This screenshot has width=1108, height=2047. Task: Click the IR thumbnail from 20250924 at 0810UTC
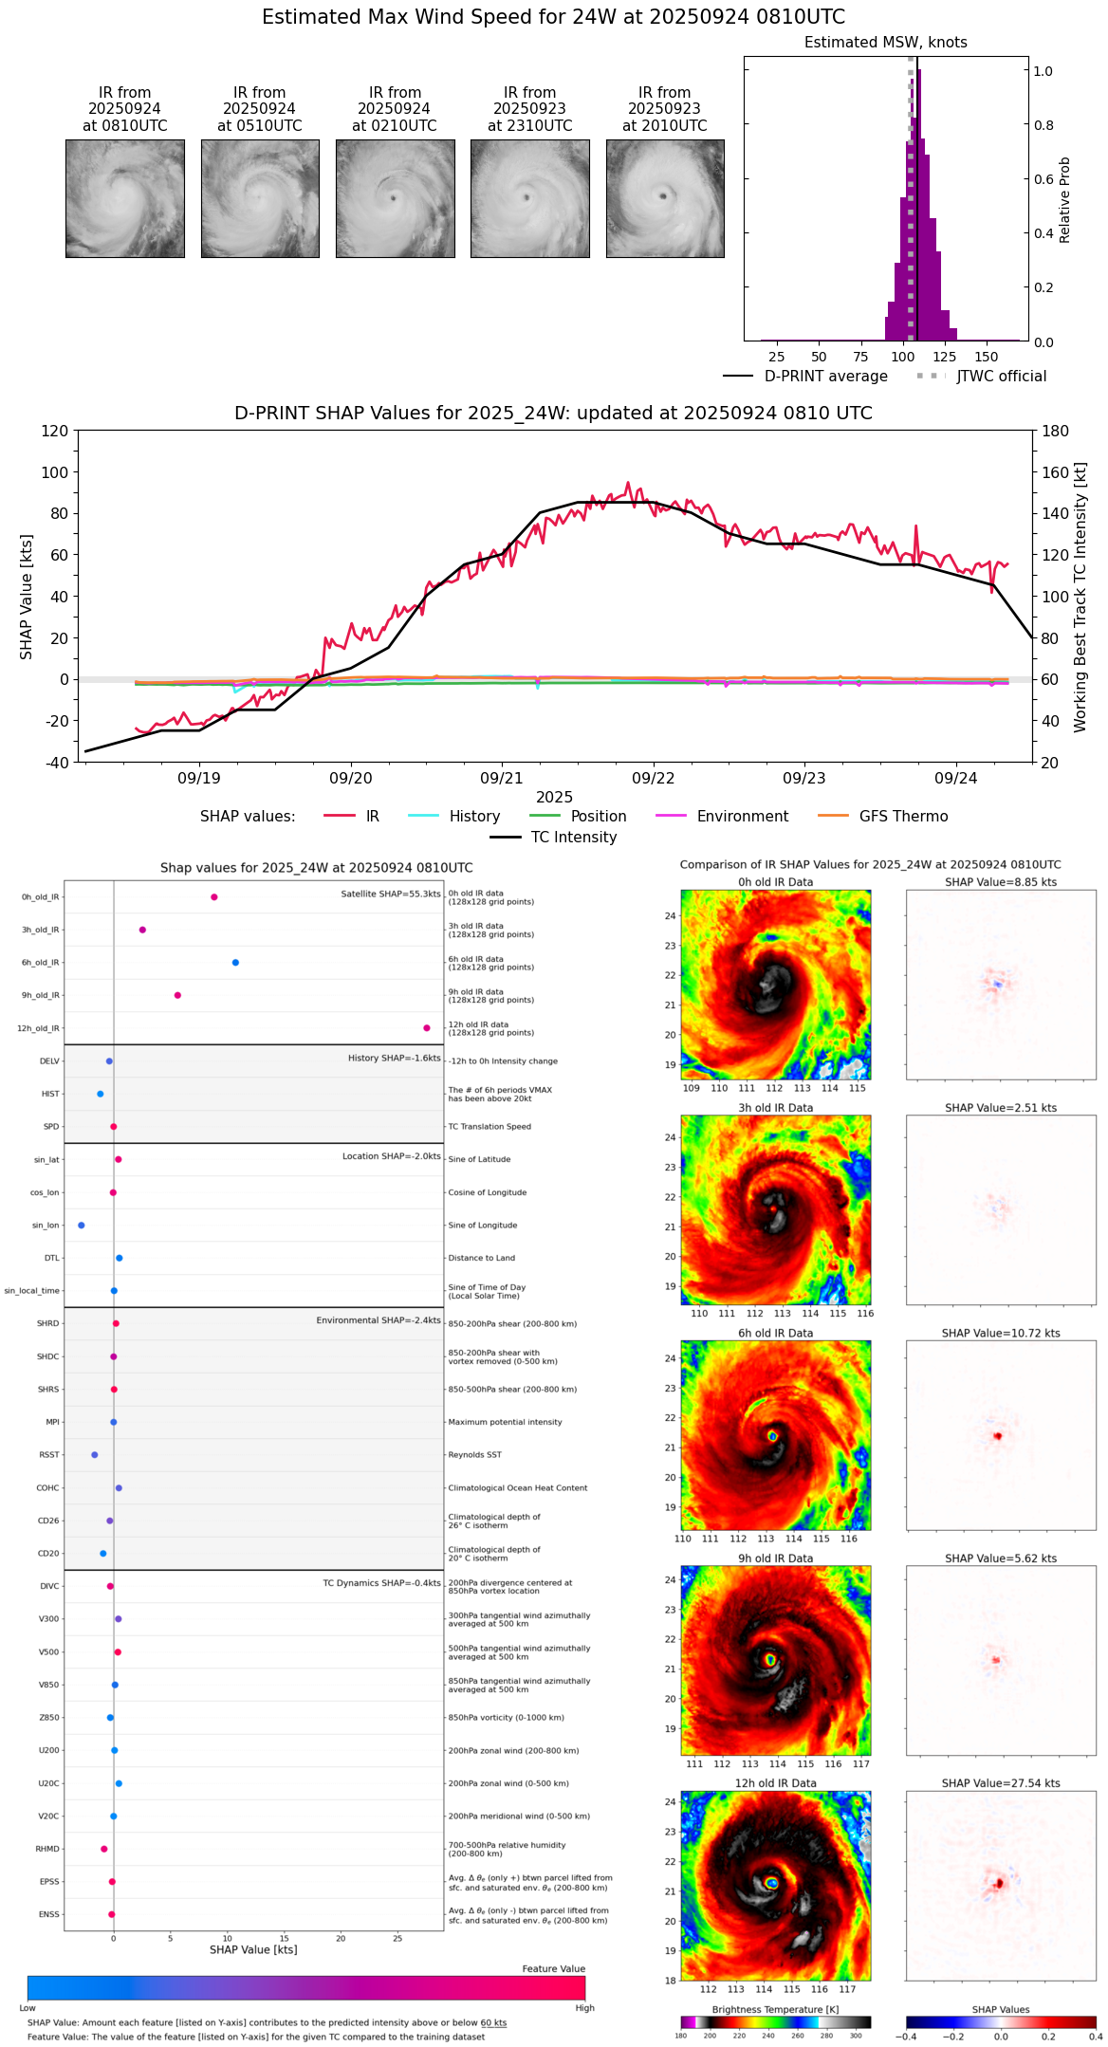point(124,198)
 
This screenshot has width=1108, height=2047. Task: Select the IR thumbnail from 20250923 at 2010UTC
point(665,198)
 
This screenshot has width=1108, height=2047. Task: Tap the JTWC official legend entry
point(1001,377)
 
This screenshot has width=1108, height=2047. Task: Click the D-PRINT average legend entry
point(825,377)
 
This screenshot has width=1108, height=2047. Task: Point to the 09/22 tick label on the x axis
point(653,779)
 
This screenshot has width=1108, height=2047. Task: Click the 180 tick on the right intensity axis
point(1056,432)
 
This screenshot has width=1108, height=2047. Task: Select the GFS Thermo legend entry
point(903,817)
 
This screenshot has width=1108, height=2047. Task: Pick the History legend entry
point(474,817)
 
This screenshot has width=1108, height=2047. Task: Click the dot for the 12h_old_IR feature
point(427,1028)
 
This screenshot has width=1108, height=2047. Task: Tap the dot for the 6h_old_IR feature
point(235,963)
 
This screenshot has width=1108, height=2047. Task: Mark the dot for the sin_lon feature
point(82,1226)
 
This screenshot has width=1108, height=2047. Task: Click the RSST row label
point(48,1455)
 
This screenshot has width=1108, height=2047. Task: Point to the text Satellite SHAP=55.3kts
point(391,894)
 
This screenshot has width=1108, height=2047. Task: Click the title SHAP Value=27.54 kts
point(1001,1783)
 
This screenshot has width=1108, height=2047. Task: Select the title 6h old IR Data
point(775,1333)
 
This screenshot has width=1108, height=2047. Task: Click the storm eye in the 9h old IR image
point(770,1660)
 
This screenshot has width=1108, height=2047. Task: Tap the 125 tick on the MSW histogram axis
point(944,357)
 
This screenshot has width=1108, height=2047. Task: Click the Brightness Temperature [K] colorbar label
point(775,2009)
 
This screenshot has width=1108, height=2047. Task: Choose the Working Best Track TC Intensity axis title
point(1080,598)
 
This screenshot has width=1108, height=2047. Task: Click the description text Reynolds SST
point(474,1455)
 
